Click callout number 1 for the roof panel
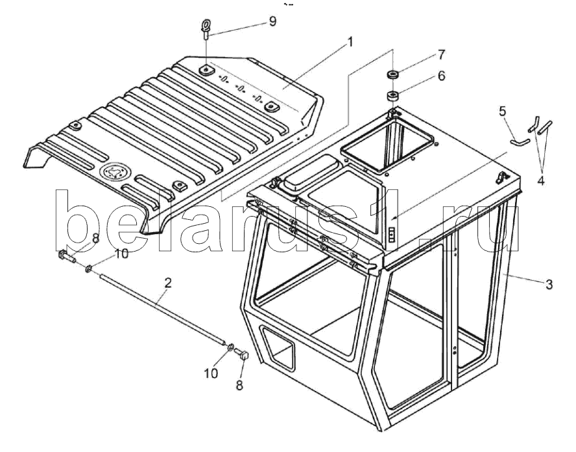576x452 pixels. [x=350, y=43]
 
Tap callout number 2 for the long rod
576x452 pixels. [x=167, y=283]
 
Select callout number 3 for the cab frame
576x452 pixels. [x=549, y=283]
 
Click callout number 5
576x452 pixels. [x=502, y=111]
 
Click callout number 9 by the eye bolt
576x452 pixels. [x=272, y=21]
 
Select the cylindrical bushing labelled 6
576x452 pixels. [x=392, y=97]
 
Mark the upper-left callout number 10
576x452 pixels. [x=121, y=254]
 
